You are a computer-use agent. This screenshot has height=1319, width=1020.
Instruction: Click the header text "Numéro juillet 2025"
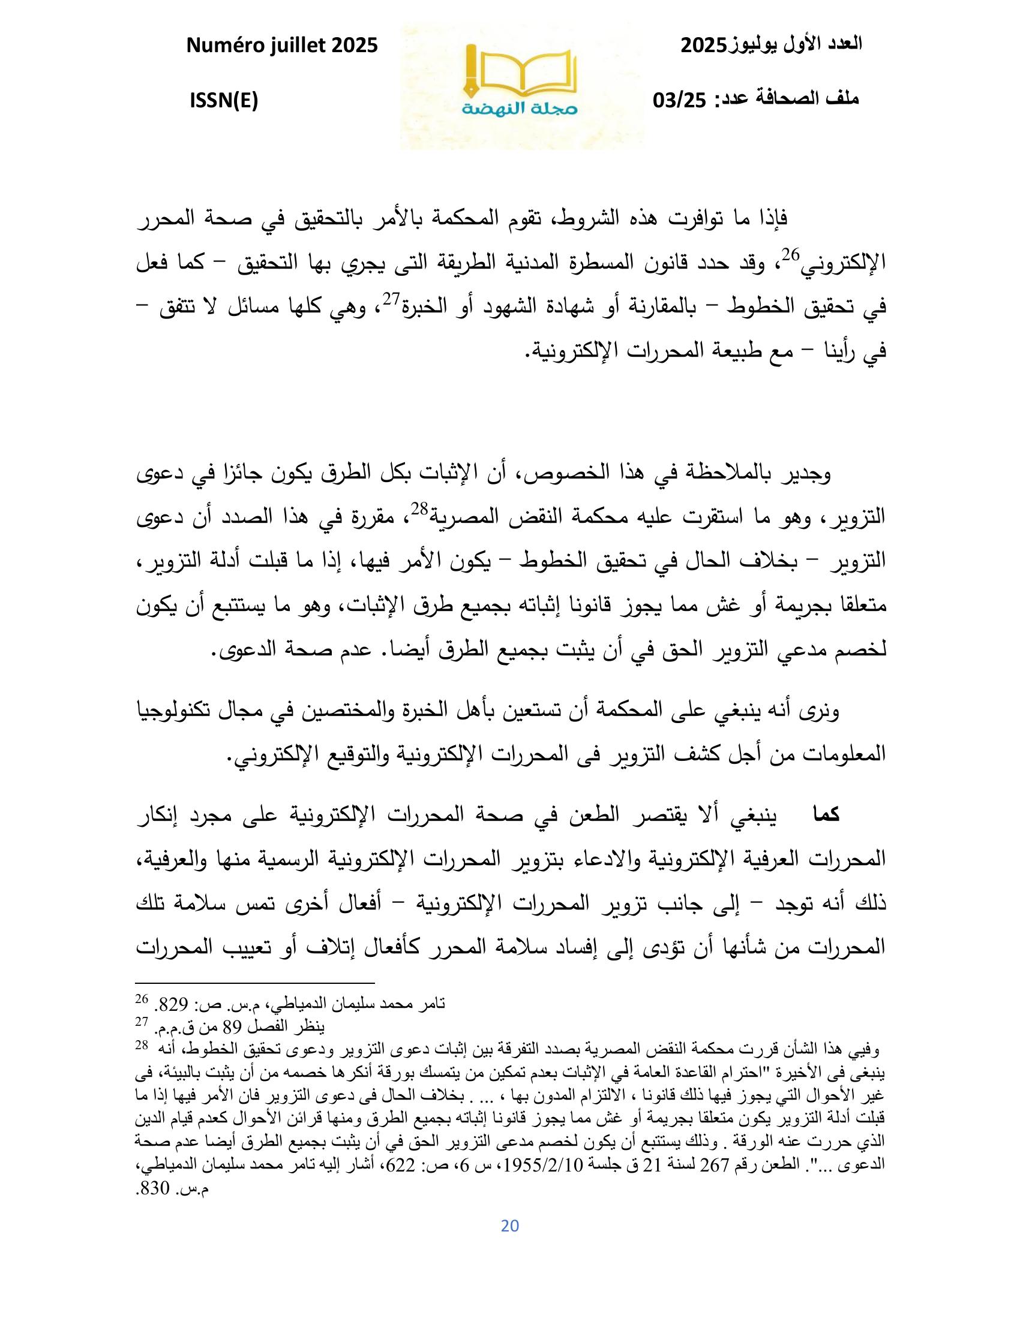pyautogui.click(x=283, y=46)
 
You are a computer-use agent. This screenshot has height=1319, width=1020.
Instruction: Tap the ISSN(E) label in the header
pyautogui.click(x=224, y=101)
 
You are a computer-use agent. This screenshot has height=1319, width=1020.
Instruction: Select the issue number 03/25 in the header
pyautogui.click(x=680, y=100)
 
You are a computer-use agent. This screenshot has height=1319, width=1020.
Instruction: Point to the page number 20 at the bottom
pyautogui.click(x=510, y=1225)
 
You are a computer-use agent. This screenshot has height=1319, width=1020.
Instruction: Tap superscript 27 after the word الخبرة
pyautogui.click(x=394, y=299)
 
